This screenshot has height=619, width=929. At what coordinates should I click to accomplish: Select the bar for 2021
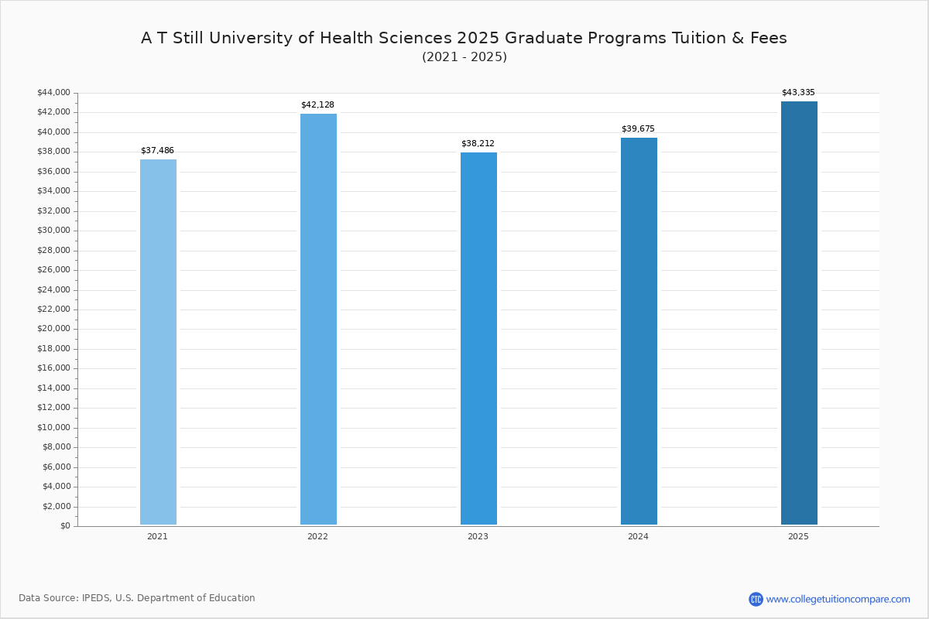pyautogui.click(x=158, y=342)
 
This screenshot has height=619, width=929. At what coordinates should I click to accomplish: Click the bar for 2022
pyautogui.click(x=318, y=320)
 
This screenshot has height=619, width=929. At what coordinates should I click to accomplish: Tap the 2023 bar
pyautogui.click(x=478, y=338)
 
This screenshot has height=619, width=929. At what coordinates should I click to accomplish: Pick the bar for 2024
pyautogui.click(x=639, y=331)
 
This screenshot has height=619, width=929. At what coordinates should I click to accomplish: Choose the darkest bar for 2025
pyautogui.click(x=799, y=313)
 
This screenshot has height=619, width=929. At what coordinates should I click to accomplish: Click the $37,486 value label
pyautogui.click(x=158, y=151)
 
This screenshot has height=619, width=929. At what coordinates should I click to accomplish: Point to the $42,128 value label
pyautogui.click(x=317, y=105)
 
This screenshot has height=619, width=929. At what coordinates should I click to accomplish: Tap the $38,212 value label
pyautogui.click(x=478, y=143)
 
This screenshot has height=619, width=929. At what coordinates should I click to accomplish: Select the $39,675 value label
pyautogui.click(x=638, y=129)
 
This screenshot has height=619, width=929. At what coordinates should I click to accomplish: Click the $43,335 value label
pyautogui.click(x=798, y=92)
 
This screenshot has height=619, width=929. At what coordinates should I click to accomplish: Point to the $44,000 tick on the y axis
pyautogui.click(x=54, y=92)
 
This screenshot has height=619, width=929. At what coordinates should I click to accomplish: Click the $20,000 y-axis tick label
pyautogui.click(x=54, y=329)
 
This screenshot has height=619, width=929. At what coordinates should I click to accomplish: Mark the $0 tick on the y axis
pyautogui.click(x=66, y=526)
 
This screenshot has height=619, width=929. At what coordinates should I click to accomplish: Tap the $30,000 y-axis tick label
pyautogui.click(x=54, y=231)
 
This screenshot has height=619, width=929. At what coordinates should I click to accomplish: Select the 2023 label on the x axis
pyautogui.click(x=478, y=536)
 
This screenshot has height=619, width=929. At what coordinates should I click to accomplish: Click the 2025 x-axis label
pyautogui.click(x=798, y=536)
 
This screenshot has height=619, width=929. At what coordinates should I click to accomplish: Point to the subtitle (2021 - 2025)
pyautogui.click(x=464, y=56)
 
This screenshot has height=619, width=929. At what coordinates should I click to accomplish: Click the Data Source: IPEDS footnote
pyautogui.click(x=137, y=598)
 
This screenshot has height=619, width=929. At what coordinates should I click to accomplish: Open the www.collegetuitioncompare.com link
pyautogui.click(x=838, y=599)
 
